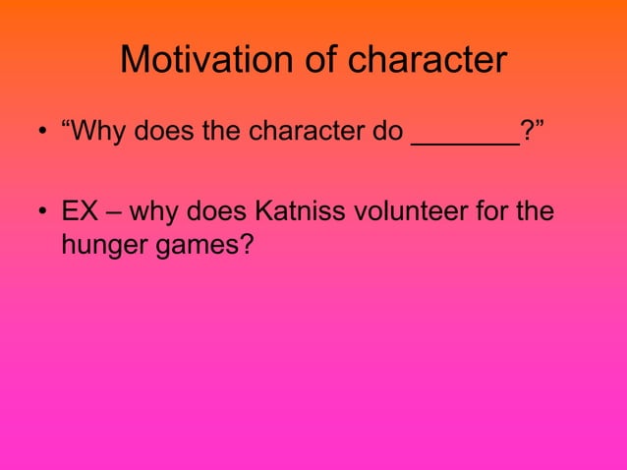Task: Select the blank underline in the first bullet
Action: [464, 144]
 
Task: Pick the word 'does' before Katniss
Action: [219, 211]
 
